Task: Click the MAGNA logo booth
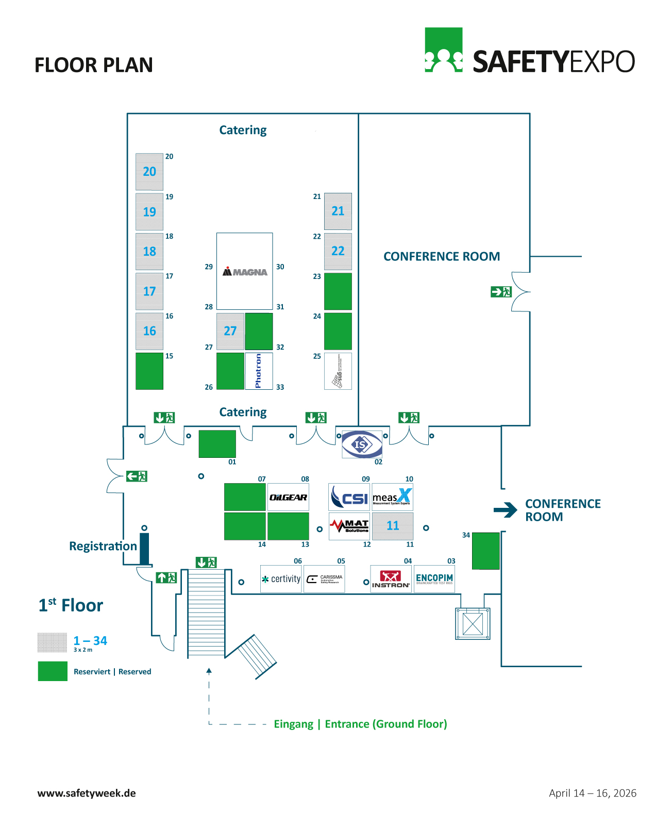(x=245, y=271)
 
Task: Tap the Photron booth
(x=259, y=371)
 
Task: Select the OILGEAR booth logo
(x=288, y=497)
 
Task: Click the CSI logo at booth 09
(x=349, y=497)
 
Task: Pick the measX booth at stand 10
(x=392, y=497)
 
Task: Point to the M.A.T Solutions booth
(x=349, y=526)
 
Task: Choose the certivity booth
(x=281, y=579)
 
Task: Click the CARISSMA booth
(x=324, y=579)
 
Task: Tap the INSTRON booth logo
(x=391, y=579)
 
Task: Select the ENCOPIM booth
(x=434, y=579)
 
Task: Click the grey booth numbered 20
(x=149, y=172)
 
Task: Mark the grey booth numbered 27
(x=230, y=331)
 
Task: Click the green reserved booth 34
(x=486, y=551)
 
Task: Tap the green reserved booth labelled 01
(x=217, y=444)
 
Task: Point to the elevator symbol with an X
(x=473, y=624)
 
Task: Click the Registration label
(x=103, y=546)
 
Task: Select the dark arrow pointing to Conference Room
(x=505, y=510)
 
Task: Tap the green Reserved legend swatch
(x=53, y=671)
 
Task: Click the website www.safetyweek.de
(x=87, y=793)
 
